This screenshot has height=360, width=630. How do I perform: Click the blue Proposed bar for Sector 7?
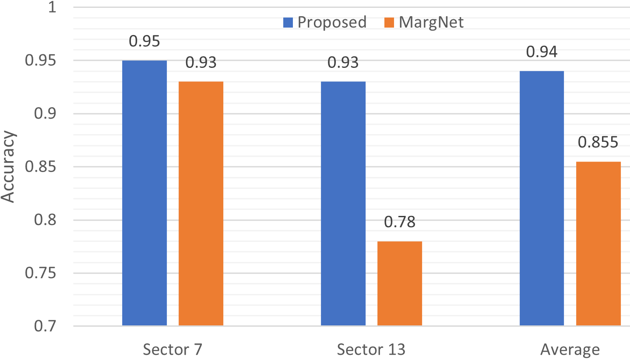(x=144, y=193)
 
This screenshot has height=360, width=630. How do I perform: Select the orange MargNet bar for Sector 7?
(x=201, y=204)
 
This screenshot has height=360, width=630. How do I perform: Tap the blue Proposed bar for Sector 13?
(x=343, y=204)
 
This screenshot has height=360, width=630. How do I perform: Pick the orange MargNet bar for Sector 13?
(x=400, y=283)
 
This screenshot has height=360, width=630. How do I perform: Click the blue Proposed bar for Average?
(x=542, y=198)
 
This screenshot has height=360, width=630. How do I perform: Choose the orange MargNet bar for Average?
(x=598, y=244)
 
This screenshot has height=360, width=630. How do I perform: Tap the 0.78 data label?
(x=400, y=222)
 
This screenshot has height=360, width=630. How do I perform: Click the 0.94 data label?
(x=542, y=52)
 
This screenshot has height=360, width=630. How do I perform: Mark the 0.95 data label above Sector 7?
(x=144, y=42)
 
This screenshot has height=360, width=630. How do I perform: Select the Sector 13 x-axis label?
(x=371, y=349)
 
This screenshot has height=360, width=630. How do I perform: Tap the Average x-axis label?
(x=570, y=349)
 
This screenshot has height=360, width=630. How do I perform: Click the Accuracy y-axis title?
(x=9, y=167)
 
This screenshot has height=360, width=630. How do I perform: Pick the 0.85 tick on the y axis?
(x=43, y=167)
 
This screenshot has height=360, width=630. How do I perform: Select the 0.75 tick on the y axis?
(x=43, y=273)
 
